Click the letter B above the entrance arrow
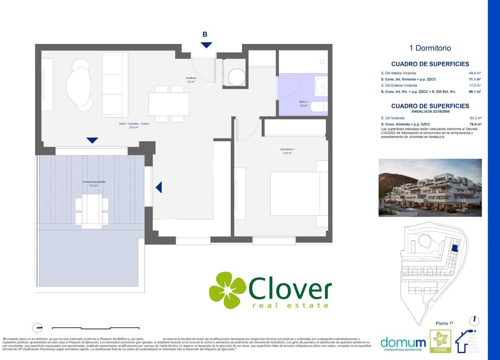tap(205, 34)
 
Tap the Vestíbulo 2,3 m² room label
tap(191, 80)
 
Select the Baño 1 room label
tap(303, 104)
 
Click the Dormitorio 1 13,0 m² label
tap(287, 151)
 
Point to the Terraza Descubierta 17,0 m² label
tap(93, 184)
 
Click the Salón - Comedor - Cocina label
tap(134, 126)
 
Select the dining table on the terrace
tap(92, 211)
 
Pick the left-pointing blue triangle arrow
tap(159, 187)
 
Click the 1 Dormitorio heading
tap(430, 48)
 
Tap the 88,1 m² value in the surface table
tap(475, 91)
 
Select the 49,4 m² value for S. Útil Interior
tap(475, 73)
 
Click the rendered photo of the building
tap(430, 188)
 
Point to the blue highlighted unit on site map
tap(455, 248)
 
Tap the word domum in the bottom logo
tap(403, 343)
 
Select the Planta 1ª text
tap(444, 323)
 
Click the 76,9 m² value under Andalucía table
tap(475, 124)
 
